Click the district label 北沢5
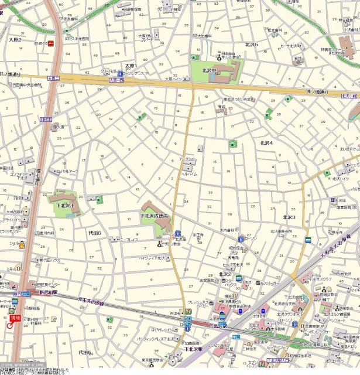252,44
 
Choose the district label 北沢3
289,217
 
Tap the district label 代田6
95,233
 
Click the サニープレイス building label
127,240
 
